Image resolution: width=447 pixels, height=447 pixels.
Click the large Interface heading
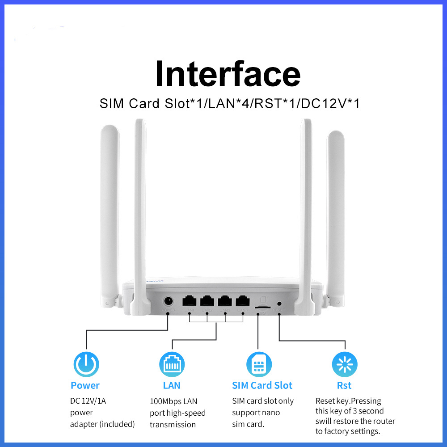[x=228, y=74]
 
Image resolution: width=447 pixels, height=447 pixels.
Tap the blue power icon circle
[x=86, y=364]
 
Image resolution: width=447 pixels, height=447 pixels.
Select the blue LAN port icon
[x=172, y=364]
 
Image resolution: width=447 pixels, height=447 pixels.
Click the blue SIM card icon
[x=259, y=364]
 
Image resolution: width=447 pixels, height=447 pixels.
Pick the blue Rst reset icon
[x=345, y=364]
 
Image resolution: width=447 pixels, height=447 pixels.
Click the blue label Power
[x=85, y=385]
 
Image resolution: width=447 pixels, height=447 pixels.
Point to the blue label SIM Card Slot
[x=262, y=385]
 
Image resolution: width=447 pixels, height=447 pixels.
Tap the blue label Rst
[x=344, y=385]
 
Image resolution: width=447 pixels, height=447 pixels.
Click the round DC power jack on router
[x=169, y=301]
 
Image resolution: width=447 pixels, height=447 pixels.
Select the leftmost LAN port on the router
[x=189, y=301]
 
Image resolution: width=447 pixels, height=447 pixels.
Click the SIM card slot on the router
[x=261, y=308]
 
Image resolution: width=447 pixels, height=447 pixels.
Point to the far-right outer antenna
[x=336, y=215]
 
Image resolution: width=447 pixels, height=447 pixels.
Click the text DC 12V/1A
[x=88, y=401]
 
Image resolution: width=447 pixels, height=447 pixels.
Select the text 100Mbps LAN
[x=173, y=401]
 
